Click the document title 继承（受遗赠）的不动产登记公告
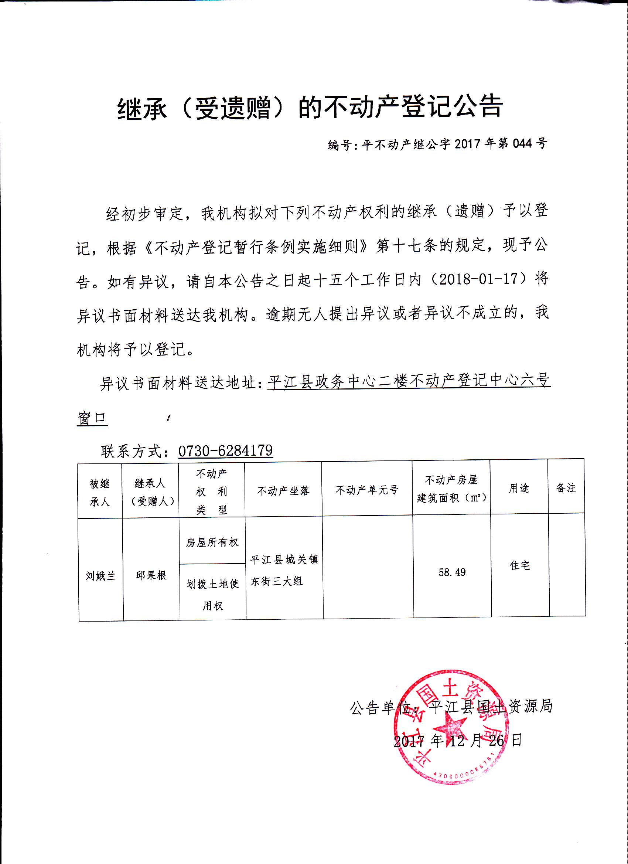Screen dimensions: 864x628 pyautogui.click(x=310, y=107)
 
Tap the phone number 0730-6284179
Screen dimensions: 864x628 pyautogui.click(x=225, y=451)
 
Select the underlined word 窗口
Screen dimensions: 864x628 pyautogui.click(x=92, y=418)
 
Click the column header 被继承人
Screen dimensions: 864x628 pyautogui.click(x=100, y=493)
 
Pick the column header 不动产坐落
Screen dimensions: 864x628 pyautogui.click(x=283, y=491)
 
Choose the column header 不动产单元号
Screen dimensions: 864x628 pyautogui.click(x=367, y=490)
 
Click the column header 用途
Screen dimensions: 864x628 pyautogui.click(x=519, y=489)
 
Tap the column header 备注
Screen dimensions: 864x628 pyautogui.click(x=566, y=488)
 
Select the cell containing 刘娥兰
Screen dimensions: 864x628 pyautogui.click(x=100, y=576)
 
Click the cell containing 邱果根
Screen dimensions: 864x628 pyautogui.click(x=151, y=575)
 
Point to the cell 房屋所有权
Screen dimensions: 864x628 pyautogui.click(x=212, y=542)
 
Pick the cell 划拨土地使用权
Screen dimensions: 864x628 pyautogui.click(x=212, y=594)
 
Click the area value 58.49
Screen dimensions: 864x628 pyautogui.click(x=452, y=572)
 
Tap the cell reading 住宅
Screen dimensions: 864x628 pyautogui.click(x=520, y=565)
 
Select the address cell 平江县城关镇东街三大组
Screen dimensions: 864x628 pyautogui.click(x=284, y=570)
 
